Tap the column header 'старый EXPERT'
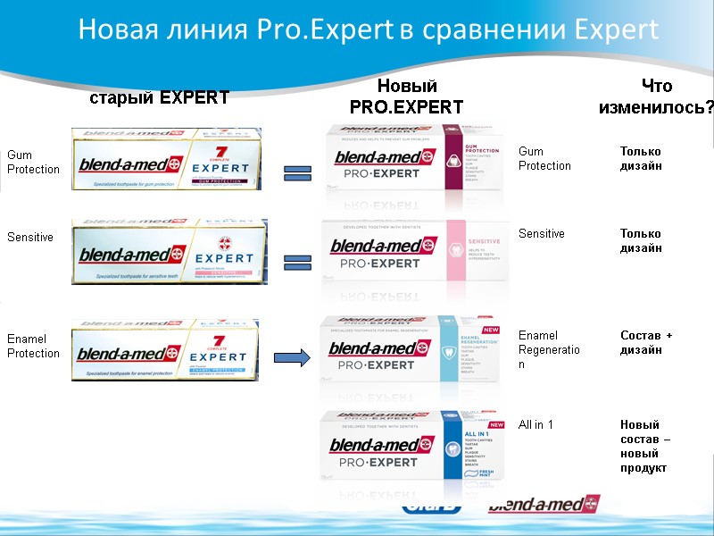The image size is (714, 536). (159, 98)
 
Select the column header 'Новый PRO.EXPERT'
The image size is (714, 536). (406, 96)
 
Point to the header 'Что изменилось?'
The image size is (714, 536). (656, 96)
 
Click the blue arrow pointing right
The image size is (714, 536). (291, 358)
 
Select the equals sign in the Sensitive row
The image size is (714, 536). (297, 261)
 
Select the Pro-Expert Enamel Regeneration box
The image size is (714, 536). (414, 352)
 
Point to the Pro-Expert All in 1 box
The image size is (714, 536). (414, 447)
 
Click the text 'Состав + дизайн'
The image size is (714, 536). (646, 342)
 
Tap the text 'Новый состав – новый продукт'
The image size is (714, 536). (645, 447)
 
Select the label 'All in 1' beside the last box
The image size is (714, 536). (535, 424)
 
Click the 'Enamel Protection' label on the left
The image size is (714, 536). (33, 346)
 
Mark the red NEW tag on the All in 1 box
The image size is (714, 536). (497, 423)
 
